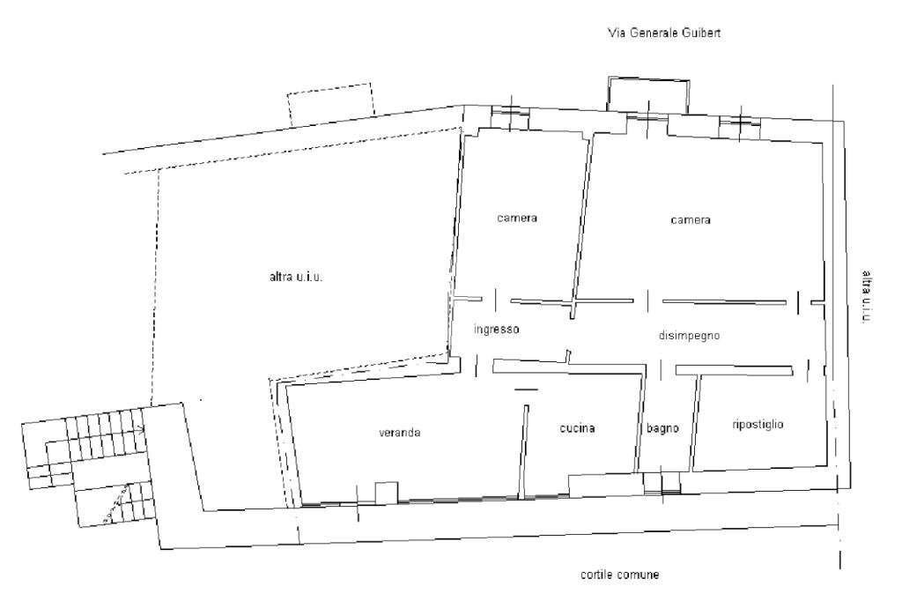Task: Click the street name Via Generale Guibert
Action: tap(666, 33)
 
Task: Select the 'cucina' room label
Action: tap(578, 428)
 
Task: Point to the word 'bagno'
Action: tap(662, 429)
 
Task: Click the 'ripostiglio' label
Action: tap(758, 424)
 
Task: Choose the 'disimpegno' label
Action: tap(691, 336)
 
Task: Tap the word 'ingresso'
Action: tap(497, 330)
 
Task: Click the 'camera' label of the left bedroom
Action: tap(516, 218)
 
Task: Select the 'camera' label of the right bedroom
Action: tap(690, 220)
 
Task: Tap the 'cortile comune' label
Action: tap(619, 575)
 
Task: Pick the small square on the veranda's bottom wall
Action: tap(386, 493)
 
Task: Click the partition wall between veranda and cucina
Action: tap(524, 449)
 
